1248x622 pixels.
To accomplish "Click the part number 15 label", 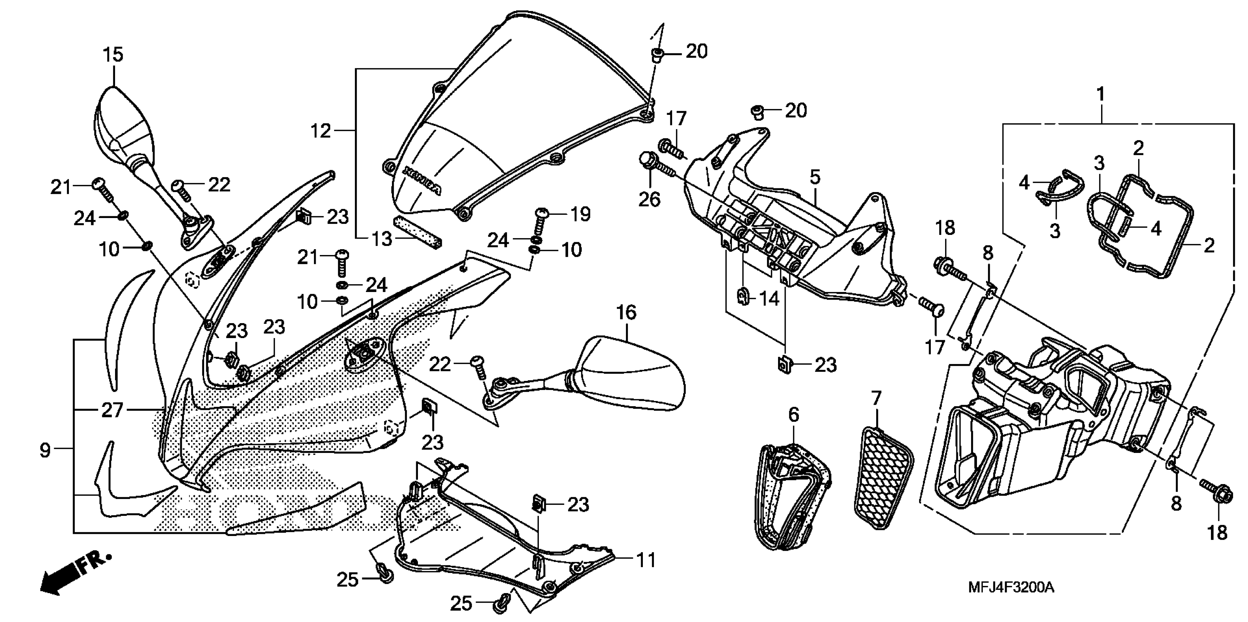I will coord(112,55).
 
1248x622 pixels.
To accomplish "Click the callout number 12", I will coord(320,131).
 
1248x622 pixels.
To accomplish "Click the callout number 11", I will coord(646,560).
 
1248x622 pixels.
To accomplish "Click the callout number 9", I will coord(45,451).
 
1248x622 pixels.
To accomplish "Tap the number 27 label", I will coord(112,411).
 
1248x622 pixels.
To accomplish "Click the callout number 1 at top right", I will coord(1101,94).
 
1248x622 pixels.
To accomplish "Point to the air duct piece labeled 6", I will coord(792,496).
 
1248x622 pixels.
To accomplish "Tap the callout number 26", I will coord(649,199).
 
